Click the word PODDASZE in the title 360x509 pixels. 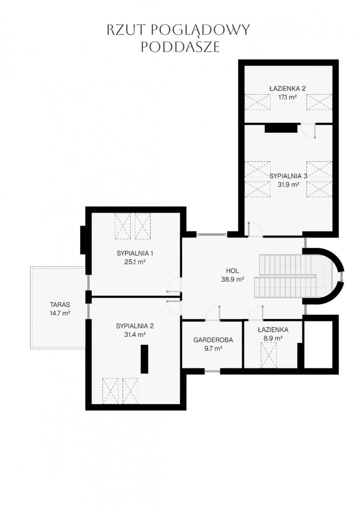(x=180, y=47)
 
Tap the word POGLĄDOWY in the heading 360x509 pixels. (x=200, y=30)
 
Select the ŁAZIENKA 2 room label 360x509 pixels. (x=287, y=88)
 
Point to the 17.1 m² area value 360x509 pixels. (x=288, y=97)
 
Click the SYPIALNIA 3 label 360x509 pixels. (x=288, y=176)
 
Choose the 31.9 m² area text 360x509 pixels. (x=288, y=185)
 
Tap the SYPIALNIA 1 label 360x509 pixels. (x=135, y=253)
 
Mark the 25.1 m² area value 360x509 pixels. (x=135, y=262)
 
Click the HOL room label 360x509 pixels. (x=232, y=271)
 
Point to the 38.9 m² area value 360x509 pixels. (x=233, y=279)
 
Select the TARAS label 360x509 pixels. (x=60, y=305)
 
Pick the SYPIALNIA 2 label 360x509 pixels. (x=135, y=326)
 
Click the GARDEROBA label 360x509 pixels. (x=213, y=340)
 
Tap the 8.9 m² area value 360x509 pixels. (x=273, y=338)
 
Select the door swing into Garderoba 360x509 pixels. (x=213, y=313)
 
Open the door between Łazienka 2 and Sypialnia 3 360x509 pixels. (x=308, y=131)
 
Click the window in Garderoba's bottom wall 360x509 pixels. (x=212, y=371)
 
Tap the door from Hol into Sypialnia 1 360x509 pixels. (x=174, y=285)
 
